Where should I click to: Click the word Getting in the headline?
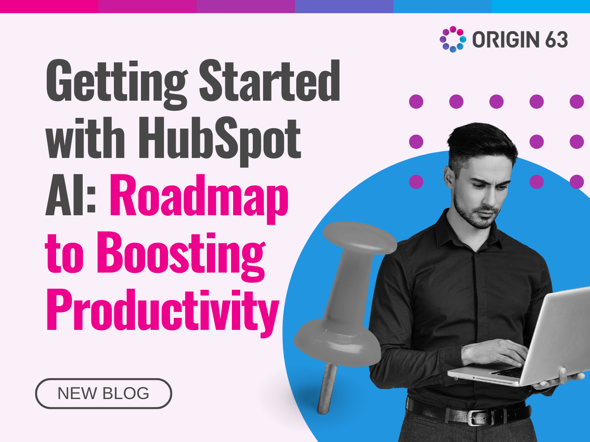116,82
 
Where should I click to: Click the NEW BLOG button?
103,393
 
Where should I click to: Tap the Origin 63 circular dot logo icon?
453,39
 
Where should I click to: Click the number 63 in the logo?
556,40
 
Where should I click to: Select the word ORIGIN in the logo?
506,40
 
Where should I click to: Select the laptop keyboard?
508,372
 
